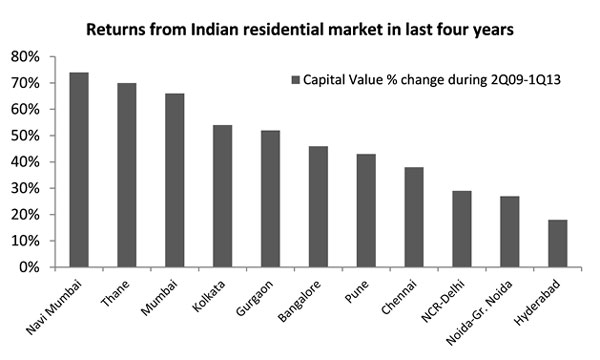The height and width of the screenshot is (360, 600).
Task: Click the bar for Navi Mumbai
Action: click(x=79, y=170)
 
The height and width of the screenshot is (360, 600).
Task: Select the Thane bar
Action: click(x=125, y=175)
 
